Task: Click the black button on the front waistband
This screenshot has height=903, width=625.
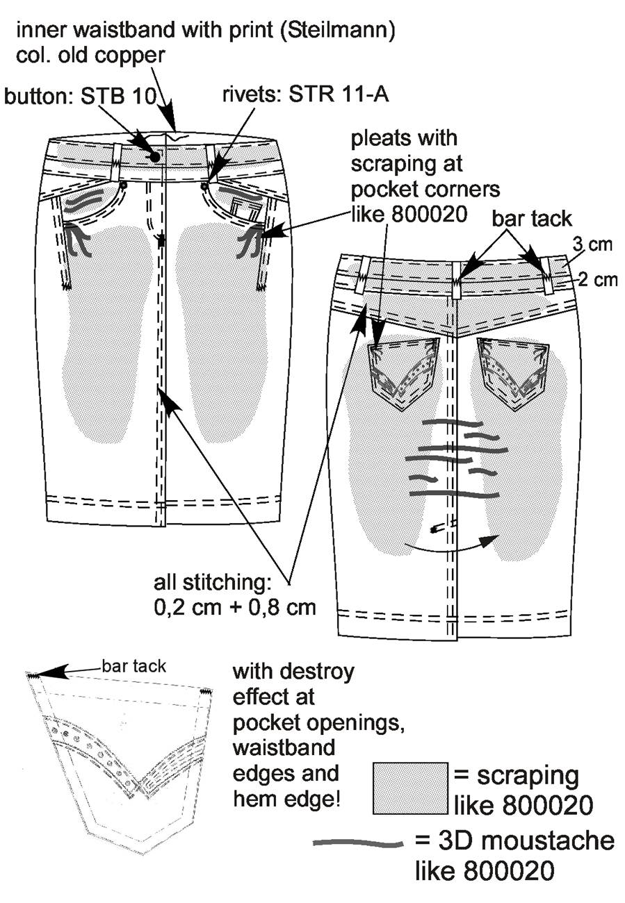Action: click(155, 157)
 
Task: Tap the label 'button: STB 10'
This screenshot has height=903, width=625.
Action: click(80, 97)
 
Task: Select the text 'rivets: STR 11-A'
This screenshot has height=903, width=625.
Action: click(306, 94)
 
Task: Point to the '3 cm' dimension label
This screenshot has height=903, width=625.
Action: click(592, 245)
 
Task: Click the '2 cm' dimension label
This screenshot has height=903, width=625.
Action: click(598, 280)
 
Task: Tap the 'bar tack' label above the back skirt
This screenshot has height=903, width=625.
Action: click(532, 219)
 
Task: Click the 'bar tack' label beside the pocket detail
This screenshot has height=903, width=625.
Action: click(134, 666)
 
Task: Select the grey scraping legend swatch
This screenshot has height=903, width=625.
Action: click(410, 788)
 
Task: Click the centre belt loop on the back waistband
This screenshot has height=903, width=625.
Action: click(456, 279)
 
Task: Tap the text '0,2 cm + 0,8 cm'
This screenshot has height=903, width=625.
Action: click(235, 608)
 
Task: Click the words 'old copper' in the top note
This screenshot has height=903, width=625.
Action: click(112, 56)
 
